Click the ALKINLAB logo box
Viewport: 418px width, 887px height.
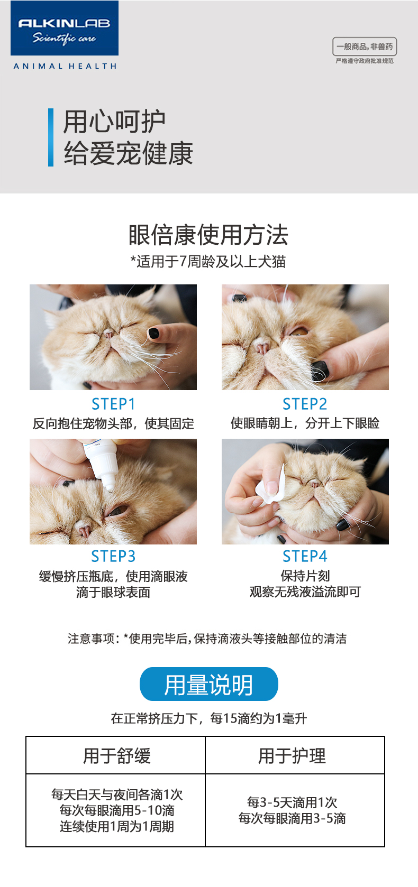65,28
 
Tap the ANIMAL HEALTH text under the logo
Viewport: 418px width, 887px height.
65,66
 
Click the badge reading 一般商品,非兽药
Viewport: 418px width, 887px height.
365,47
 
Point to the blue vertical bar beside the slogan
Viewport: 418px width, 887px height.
51,137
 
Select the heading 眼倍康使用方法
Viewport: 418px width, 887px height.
208,235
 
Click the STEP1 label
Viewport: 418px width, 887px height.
113,404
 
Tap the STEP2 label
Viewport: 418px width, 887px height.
305,404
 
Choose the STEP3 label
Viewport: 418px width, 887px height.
113,556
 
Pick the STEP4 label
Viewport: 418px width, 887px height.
305,556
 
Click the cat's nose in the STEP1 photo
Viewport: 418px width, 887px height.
108,335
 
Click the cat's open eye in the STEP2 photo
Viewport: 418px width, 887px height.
299,330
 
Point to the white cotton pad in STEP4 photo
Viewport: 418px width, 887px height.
272,486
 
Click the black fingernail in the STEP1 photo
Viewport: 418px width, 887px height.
153,333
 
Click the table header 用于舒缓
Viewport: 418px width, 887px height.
117,756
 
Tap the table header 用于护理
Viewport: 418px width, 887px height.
292,756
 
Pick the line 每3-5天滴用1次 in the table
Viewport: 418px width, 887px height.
292,802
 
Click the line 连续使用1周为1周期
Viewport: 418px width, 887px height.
117,826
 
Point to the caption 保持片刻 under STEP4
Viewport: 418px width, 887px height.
305,576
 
